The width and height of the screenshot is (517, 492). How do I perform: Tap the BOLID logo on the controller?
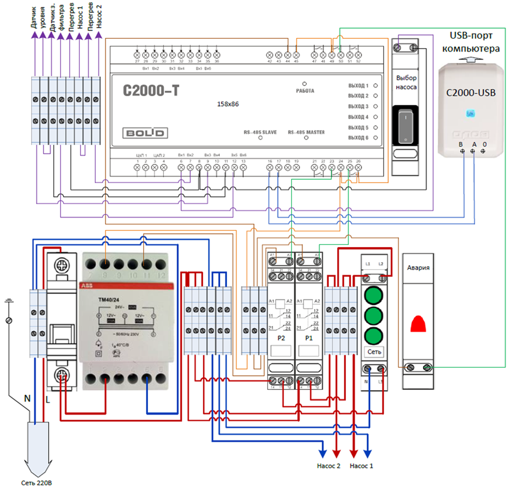(x=145, y=133)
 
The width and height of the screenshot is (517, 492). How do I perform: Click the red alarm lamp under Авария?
(x=419, y=324)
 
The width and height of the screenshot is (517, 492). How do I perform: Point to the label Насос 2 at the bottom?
(x=329, y=466)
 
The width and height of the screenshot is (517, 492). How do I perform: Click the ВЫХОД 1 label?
(x=359, y=86)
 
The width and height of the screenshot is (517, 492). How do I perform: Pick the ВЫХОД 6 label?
(x=359, y=138)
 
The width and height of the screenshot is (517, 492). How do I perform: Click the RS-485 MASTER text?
(x=306, y=132)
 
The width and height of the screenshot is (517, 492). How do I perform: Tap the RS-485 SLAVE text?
(x=260, y=132)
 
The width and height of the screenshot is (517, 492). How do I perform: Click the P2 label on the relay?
(x=281, y=338)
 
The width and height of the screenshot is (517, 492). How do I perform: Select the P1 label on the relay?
(x=309, y=338)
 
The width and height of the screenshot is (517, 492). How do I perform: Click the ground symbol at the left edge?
(x=8, y=300)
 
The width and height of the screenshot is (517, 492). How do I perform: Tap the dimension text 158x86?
(x=229, y=104)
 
